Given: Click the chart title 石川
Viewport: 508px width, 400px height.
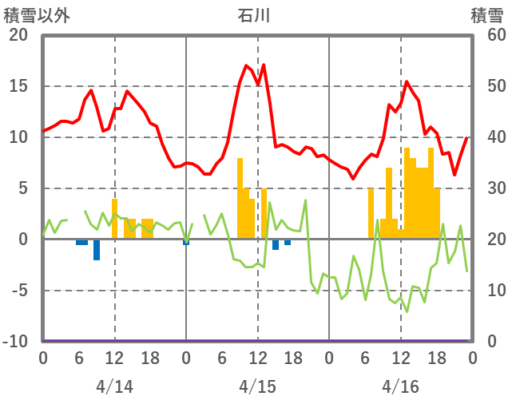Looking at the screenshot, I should (254, 14).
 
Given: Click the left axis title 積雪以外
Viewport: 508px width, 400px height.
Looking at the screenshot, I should (37, 14).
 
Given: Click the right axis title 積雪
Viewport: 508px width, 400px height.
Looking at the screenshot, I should (486, 14).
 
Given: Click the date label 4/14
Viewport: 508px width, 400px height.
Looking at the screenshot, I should (114, 386).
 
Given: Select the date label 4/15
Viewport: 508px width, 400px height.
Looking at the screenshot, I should (257, 386).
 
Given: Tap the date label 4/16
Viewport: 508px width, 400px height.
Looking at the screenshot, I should (400, 386).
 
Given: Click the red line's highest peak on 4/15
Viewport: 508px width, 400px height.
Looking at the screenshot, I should (264, 65).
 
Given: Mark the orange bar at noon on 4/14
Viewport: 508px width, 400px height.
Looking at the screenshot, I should (114, 219).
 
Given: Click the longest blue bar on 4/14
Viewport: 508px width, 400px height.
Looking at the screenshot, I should (97, 249).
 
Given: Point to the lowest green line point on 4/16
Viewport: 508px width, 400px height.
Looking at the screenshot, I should (407, 311).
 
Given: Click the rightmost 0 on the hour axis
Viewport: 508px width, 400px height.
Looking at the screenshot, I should (472, 358).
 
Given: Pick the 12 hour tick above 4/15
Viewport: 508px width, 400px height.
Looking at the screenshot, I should (257, 358).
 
